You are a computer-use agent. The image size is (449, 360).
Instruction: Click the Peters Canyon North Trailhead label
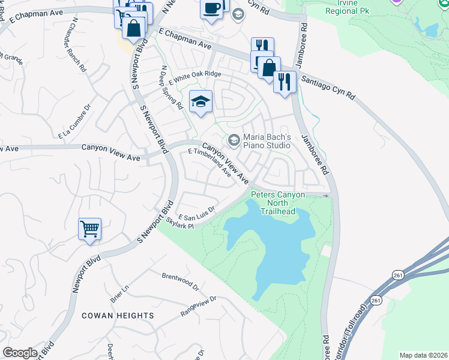(277, 203)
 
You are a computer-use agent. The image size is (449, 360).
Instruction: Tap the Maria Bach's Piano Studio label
(267, 141)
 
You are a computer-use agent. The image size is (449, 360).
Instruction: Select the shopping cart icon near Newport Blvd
(89, 229)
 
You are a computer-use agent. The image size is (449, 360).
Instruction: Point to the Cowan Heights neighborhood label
(118, 316)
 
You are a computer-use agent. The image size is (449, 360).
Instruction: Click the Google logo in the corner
(20, 353)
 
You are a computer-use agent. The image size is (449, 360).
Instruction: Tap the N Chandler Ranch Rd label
(78, 44)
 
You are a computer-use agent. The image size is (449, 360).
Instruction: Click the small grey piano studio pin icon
(233, 141)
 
